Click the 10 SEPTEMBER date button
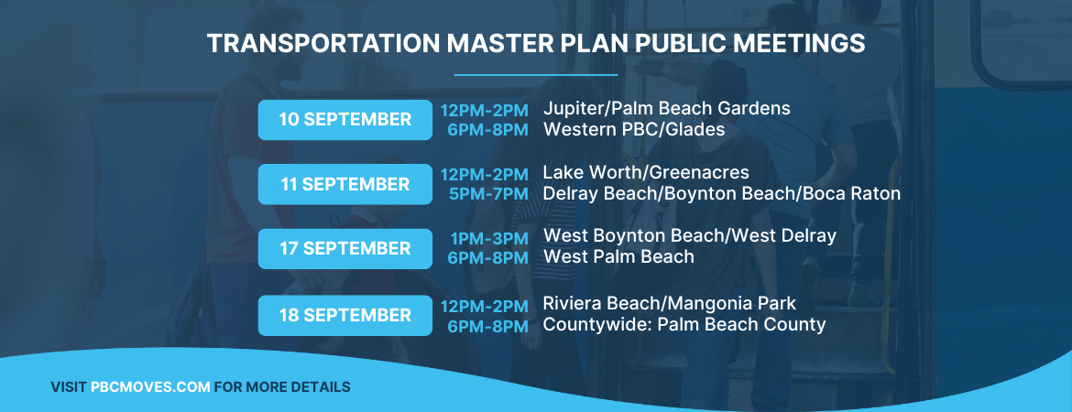point(345,120)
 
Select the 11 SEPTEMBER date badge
point(345,184)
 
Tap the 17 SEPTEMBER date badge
point(345,249)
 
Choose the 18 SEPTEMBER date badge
point(345,315)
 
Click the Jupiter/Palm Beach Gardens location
point(666,109)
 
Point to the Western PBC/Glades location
point(634,130)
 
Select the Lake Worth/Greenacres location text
point(646,173)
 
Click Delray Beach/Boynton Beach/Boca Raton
point(722,194)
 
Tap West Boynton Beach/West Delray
point(690,236)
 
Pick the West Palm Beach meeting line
point(619,257)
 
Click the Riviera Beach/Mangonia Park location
point(670,303)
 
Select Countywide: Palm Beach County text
point(684,325)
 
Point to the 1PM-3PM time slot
point(489,238)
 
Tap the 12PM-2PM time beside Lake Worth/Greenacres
point(484,174)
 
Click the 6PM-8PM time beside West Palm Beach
point(487,258)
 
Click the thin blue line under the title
point(536,75)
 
